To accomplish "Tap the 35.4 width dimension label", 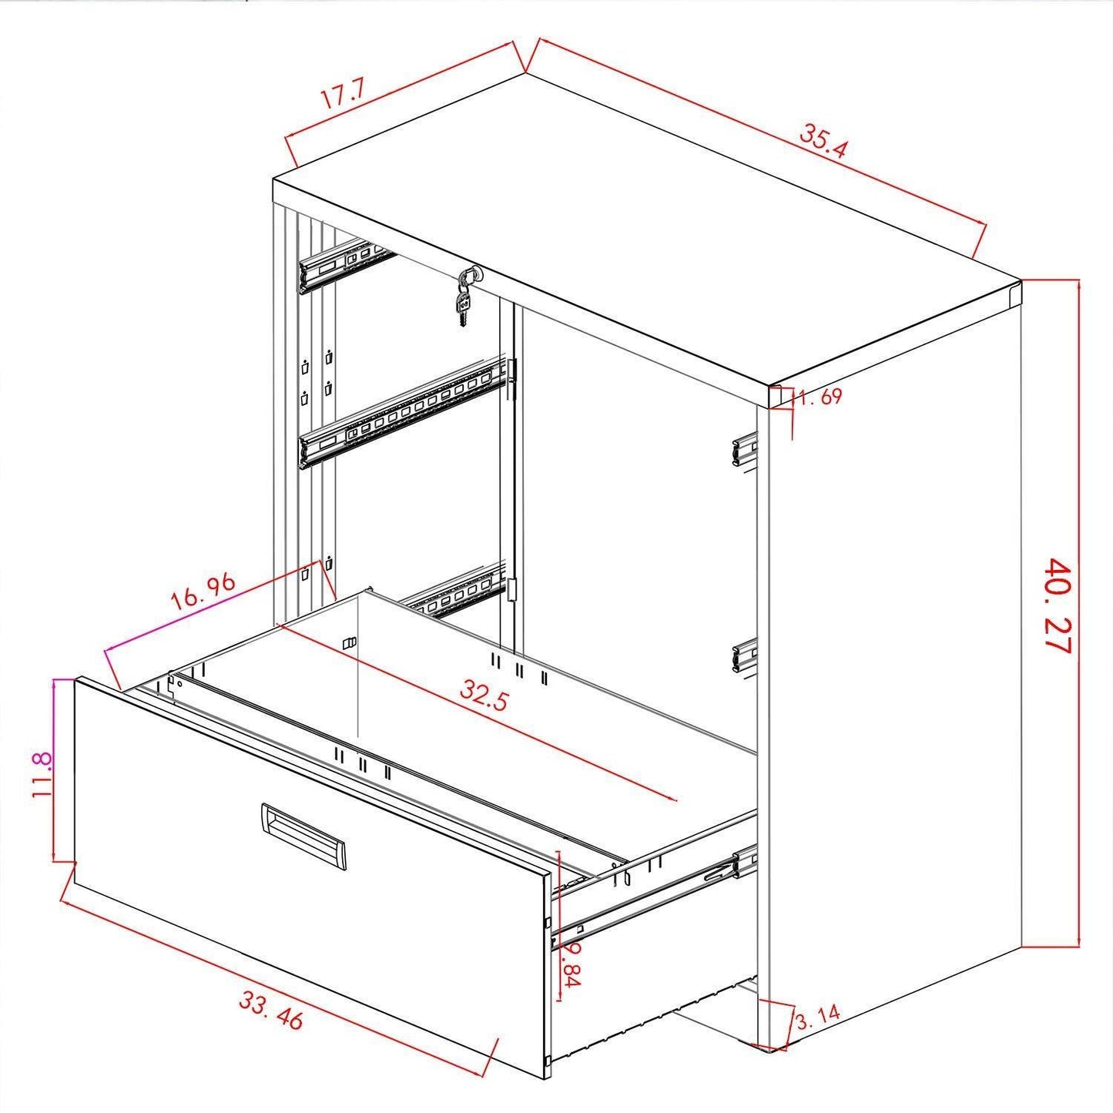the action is point(823,139).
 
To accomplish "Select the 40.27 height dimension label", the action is point(1058,605).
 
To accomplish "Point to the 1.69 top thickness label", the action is point(820,397).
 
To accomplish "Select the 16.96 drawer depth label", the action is point(203,592).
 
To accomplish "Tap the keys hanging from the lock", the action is point(465,297).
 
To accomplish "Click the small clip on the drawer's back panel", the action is point(350,643).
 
